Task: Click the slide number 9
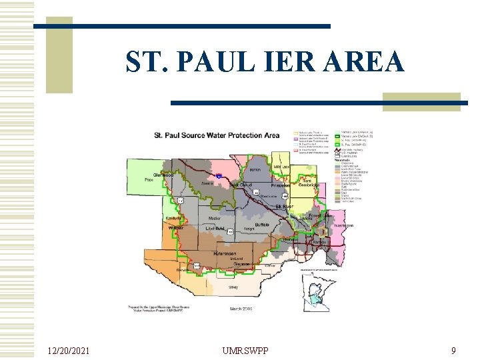pos(453,350)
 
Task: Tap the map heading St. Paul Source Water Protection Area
pos(217,135)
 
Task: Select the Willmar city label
pos(176,228)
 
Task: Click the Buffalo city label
pos(262,226)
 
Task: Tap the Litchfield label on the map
pos(216,228)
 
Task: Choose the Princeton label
pos(281,185)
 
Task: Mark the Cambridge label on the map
pos(307,186)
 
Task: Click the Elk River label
pos(285,207)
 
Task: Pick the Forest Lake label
pos(320,215)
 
